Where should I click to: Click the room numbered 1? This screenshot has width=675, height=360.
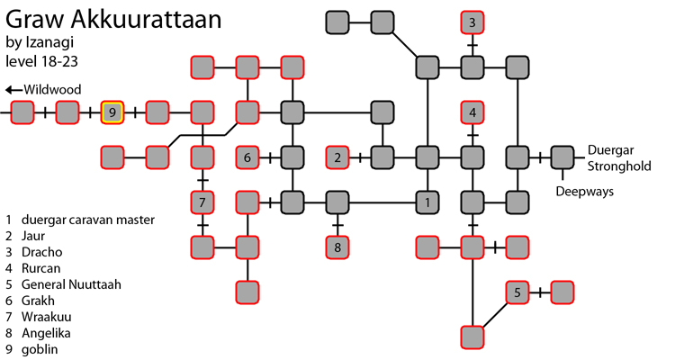click(427, 202)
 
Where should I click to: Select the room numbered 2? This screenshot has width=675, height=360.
click(337, 157)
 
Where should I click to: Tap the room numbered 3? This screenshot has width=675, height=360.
click(472, 22)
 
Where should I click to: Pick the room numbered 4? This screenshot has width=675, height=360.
click(472, 112)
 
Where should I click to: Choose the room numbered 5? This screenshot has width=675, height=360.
click(517, 292)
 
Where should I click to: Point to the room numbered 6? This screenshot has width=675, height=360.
click(247, 157)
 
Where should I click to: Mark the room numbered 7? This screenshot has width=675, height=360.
click(202, 202)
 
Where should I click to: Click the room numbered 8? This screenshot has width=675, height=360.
click(337, 246)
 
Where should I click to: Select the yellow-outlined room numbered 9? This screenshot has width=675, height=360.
click(112, 112)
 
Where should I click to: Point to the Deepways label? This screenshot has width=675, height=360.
click(579, 192)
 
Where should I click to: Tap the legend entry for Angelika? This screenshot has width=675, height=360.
click(45, 333)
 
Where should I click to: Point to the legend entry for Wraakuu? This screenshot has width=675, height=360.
click(46, 317)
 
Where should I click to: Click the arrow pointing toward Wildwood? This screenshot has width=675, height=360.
click(13, 89)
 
